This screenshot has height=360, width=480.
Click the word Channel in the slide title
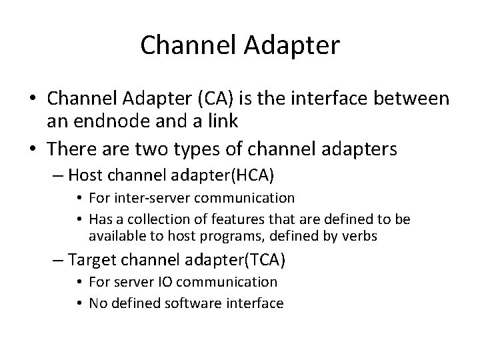[177, 45]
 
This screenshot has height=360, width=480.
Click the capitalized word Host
[84, 175]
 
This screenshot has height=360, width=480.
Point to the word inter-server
[152, 197]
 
